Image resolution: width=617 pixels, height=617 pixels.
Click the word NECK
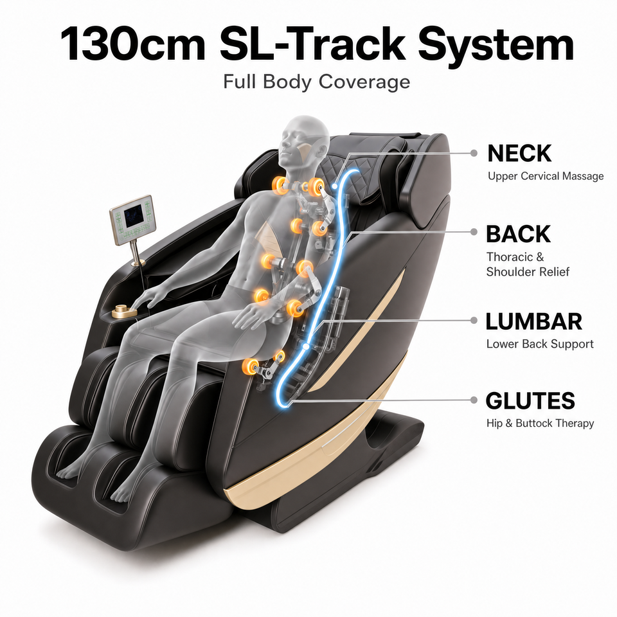tap(519, 153)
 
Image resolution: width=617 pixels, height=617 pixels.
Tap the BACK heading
tap(518, 234)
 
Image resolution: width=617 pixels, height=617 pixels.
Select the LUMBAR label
tap(533, 321)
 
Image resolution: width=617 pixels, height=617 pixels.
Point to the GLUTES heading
tap(530, 400)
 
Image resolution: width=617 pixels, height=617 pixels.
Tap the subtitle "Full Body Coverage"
tap(316, 82)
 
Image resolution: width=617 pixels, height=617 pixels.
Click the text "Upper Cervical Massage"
tap(546, 176)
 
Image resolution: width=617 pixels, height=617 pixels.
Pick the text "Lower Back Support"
tap(539, 344)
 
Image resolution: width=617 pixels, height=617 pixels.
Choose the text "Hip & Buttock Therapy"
tap(540, 424)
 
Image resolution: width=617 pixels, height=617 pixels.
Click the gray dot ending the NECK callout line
tap(474, 153)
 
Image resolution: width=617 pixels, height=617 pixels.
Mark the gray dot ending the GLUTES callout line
tap(474, 400)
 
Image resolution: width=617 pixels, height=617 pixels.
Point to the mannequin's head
tap(303, 141)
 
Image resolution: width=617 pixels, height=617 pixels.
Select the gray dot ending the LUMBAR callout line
tap(474, 321)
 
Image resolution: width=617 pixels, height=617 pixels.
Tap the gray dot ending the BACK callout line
tap(474, 232)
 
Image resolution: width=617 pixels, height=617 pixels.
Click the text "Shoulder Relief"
tap(528, 272)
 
